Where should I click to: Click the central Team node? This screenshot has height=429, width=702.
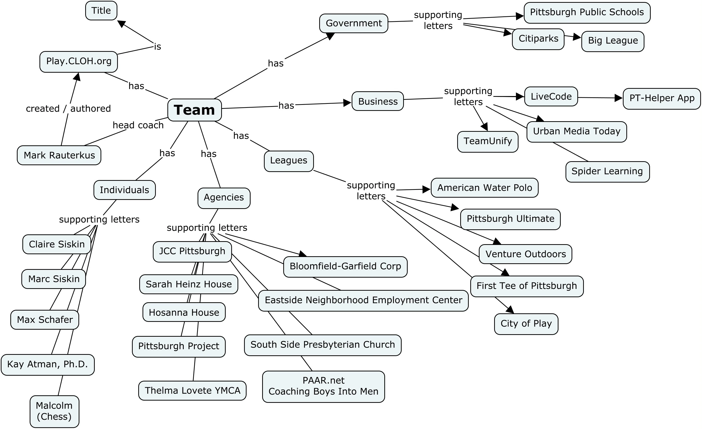[x=194, y=110]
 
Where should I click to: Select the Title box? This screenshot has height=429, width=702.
[x=101, y=11]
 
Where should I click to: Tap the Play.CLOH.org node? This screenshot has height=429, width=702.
[x=79, y=62]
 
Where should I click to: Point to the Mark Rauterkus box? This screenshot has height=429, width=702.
[x=59, y=155]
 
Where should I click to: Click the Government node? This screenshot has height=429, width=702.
[x=354, y=23]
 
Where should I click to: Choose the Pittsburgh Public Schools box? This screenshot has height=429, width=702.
[x=587, y=13]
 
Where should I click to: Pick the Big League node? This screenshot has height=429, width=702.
[x=613, y=41]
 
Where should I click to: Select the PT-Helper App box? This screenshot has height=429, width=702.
[x=662, y=99]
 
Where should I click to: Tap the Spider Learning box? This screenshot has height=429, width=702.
[x=607, y=171]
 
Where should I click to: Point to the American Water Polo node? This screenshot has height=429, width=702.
[x=484, y=188]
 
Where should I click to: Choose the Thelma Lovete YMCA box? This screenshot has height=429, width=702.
[x=192, y=391]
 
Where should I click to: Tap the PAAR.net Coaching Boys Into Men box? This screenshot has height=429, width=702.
[x=323, y=386]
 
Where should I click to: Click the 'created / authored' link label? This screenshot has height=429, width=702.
[x=68, y=109]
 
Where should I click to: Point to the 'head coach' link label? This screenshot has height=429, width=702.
[x=138, y=125]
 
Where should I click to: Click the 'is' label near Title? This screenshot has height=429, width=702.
[x=158, y=47]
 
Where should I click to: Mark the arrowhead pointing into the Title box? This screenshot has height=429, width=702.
[x=121, y=24]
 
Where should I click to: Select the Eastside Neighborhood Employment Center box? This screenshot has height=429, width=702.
[x=363, y=301]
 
